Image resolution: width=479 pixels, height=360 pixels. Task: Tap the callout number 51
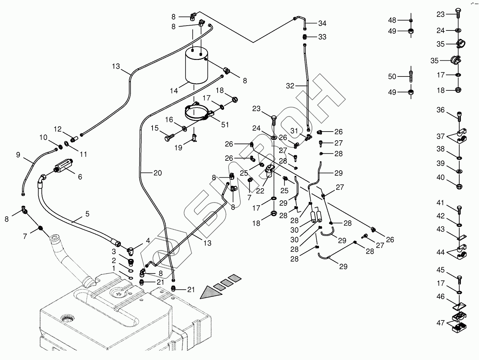[225, 125]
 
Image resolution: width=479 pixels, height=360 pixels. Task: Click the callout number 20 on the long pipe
[157, 173]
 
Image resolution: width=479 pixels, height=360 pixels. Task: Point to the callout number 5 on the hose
[87, 214]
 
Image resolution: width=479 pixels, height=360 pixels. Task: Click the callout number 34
[322, 23]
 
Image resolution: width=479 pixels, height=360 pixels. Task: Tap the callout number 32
[290, 86]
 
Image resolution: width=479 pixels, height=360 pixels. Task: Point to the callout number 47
[440, 323]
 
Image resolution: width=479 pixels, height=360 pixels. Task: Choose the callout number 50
[392, 76]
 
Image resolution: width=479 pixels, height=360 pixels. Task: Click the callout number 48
[392, 20]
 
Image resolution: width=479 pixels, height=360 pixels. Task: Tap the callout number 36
[440, 110]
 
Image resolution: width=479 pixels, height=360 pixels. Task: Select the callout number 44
[440, 252]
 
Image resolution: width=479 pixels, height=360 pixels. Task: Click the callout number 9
[18, 155]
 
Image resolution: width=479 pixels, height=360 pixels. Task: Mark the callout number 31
[294, 131]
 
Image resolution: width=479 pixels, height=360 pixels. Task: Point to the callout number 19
[178, 148]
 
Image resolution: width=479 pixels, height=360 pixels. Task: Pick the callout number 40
[440, 178]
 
